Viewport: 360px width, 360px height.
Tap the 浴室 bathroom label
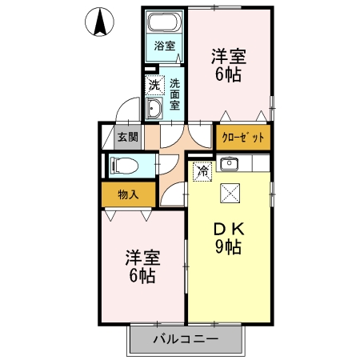pyautogui.click(x=164, y=46)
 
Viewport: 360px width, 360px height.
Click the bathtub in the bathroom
pyautogui.click(x=165, y=22)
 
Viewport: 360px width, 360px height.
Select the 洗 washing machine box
pyautogui.click(x=152, y=84)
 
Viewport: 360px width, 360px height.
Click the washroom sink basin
pyautogui.click(x=154, y=110)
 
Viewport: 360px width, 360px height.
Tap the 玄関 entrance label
pyautogui.click(x=127, y=137)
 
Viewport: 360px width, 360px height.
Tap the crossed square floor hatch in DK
pyautogui.click(x=230, y=192)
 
